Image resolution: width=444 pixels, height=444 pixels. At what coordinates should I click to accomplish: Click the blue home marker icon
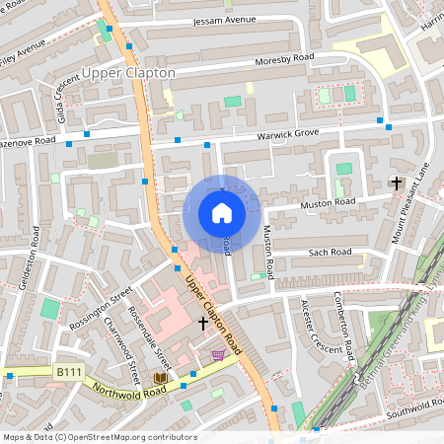(x=221, y=213)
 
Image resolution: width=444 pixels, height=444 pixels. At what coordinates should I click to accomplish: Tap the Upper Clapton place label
(x=128, y=73)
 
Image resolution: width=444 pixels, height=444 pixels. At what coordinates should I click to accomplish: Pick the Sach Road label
(x=330, y=253)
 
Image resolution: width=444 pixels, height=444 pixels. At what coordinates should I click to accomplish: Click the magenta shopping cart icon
(x=217, y=355)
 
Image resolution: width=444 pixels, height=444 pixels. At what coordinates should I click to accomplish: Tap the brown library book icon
(x=160, y=378)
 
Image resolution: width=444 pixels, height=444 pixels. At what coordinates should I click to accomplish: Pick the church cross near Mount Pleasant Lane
(x=397, y=183)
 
